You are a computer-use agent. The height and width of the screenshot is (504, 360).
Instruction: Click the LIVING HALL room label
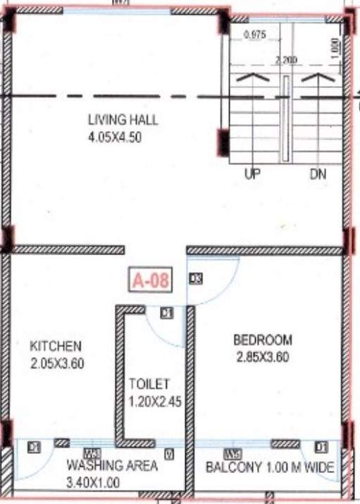[123, 120]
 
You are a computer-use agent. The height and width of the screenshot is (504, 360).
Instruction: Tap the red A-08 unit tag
[150, 281]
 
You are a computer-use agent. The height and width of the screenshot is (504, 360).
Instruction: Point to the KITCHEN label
[56, 346]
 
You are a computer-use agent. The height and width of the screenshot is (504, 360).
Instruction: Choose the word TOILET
[149, 384]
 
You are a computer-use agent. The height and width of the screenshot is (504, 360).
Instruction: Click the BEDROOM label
[263, 340]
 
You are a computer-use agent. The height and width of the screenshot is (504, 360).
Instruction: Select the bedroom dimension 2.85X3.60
[263, 357]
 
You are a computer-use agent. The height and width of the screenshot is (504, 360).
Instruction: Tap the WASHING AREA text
[112, 466]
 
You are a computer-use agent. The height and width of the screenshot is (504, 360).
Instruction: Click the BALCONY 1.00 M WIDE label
[270, 467]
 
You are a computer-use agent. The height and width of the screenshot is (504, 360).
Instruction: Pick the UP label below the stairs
[252, 174]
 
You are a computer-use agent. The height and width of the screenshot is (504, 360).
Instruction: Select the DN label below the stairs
[318, 174]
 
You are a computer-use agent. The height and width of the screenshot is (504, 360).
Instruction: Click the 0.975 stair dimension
[253, 35]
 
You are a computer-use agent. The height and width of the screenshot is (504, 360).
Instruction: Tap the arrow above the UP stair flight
[252, 78]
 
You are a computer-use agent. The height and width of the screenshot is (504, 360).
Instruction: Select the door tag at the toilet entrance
[166, 313]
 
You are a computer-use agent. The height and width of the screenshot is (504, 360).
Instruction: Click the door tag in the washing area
[33, 447]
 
